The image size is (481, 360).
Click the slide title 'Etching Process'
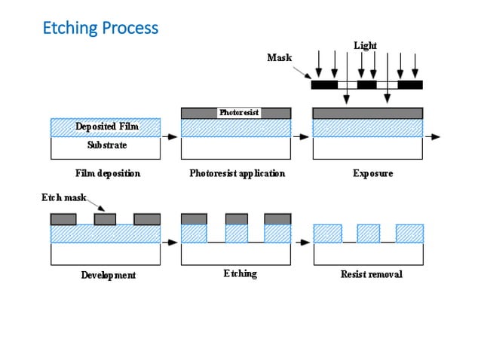100,28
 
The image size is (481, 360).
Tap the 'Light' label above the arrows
365,46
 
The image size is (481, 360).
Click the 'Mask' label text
279,57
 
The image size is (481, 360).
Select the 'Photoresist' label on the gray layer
238,112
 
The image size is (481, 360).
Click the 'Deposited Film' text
106,127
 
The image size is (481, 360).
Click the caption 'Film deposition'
108,173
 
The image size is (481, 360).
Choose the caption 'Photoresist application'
237,173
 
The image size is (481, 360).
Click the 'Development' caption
109,275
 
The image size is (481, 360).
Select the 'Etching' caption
240,273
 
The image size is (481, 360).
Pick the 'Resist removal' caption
372,274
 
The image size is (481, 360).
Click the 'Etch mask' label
63,198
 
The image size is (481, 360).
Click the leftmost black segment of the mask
324,85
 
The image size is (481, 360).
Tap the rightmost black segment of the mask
410,85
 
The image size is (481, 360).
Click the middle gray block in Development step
105,219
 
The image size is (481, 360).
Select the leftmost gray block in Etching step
194,219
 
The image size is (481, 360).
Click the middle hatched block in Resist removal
368,233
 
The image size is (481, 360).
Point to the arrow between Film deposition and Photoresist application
170,137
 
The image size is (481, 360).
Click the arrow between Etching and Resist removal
302,243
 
